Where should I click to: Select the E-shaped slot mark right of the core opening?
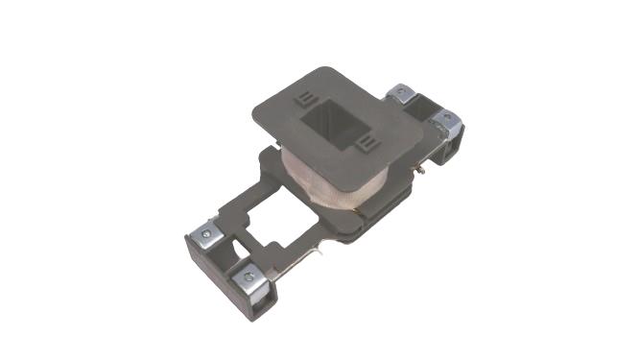point(366,143)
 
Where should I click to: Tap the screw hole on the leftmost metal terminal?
point(205,232)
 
